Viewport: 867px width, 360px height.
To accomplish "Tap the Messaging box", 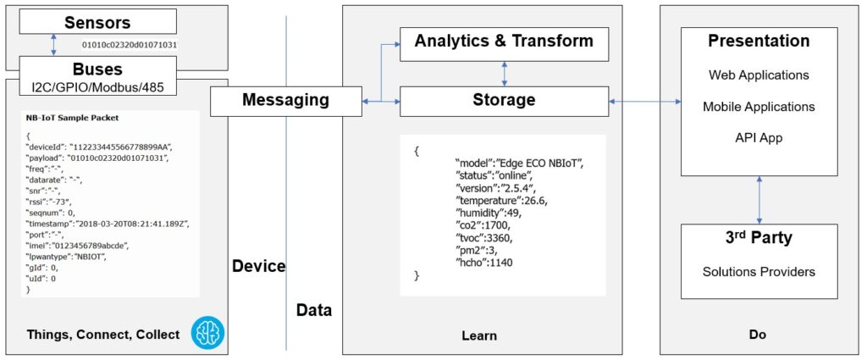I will click(285, 101).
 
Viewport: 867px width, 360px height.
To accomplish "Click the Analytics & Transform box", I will click(505, 41).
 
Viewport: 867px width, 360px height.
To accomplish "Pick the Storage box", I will click(505, 101).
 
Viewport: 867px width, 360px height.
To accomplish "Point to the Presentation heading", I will click(759, 42).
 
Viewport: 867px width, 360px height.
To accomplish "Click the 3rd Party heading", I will click(759, 238).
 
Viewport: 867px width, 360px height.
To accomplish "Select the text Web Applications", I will click(759, 75).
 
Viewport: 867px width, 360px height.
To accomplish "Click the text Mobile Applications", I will click(759, 107).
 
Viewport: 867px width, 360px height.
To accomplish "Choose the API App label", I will click(759, 138).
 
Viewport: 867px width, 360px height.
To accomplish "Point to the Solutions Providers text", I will click(759, 271).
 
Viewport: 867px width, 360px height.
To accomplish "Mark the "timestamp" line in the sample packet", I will click(107, 224).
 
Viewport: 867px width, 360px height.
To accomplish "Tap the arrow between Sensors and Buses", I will click(53, 45).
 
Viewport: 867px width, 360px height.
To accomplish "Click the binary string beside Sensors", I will click(130, 43).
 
